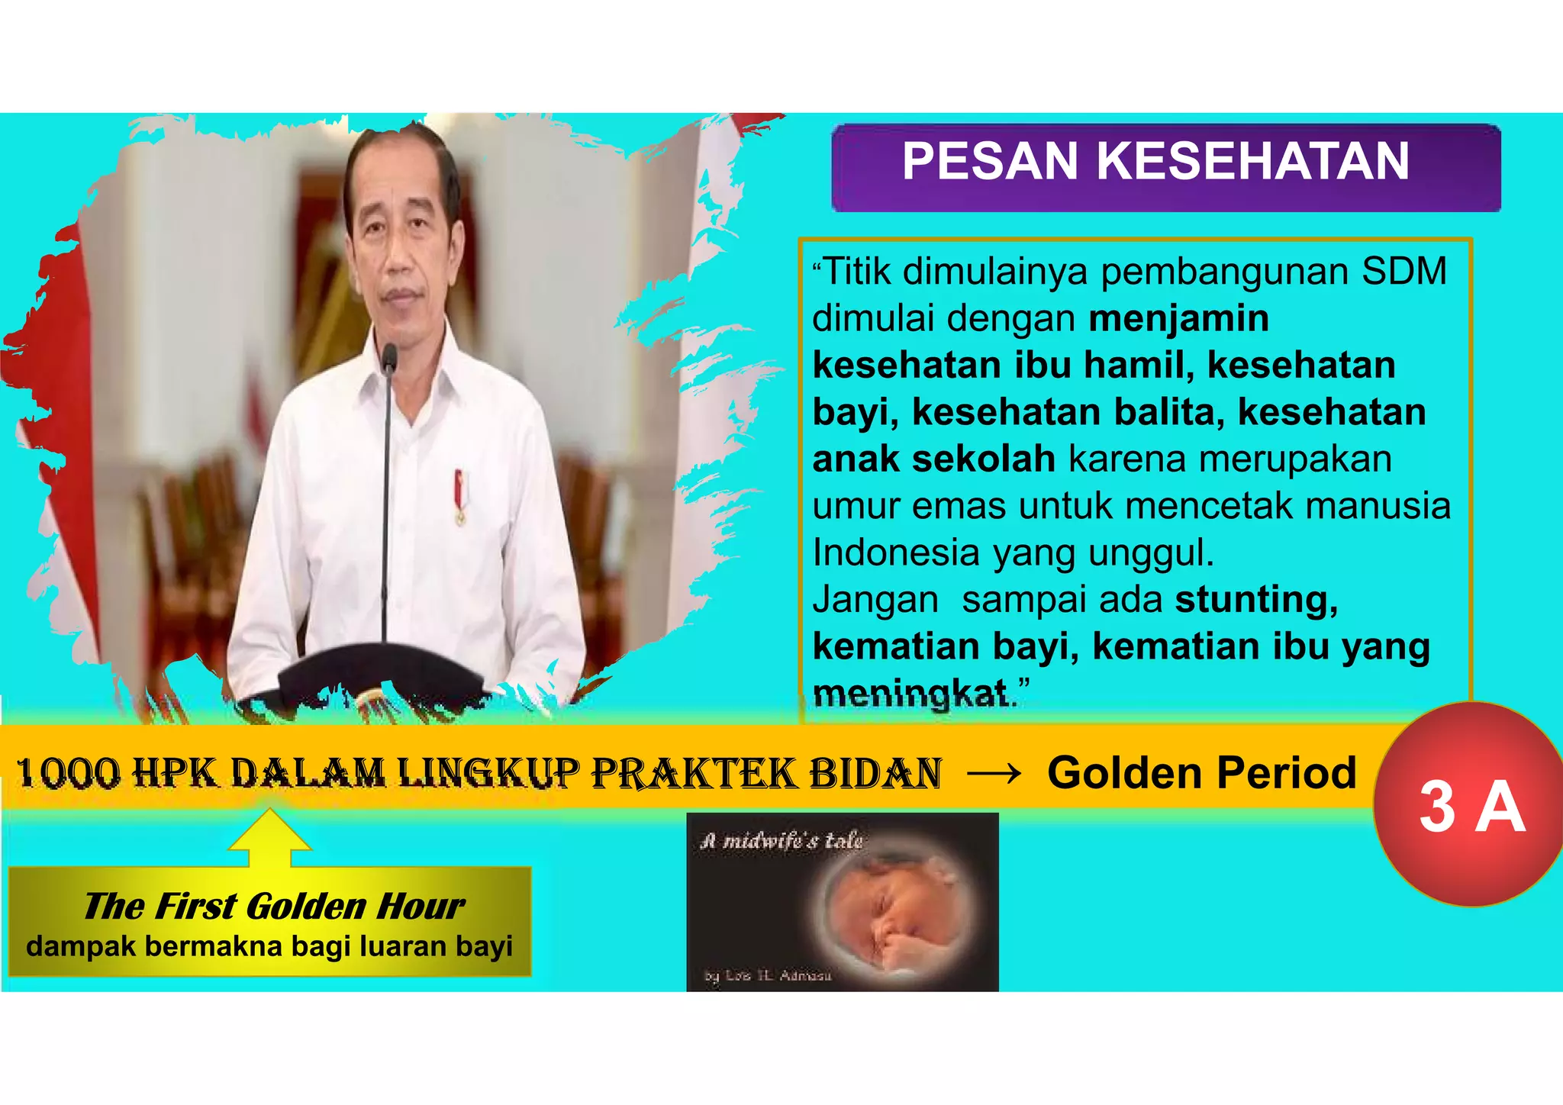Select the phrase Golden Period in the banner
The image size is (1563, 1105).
pyautogui.click(x=1201, y=772)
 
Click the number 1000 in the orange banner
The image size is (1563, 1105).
pyautogui.click(x=69, y=772)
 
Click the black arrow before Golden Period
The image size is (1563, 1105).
pyautogui.click(x=994, y=774)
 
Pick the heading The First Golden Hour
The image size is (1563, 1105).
pyautogui.click(x=273, y=906)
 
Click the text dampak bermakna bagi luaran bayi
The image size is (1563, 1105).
pyautogui.click(x=269, y=946)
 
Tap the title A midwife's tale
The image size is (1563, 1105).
pyautogui.click(x=781, y=841)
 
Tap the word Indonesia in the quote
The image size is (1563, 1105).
pyautogui.click(x=895, y=552)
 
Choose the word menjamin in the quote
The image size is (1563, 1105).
pyautogui.click(x=1178, y=318)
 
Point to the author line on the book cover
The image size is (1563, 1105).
pyautogui.click(x=767, y=975)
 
